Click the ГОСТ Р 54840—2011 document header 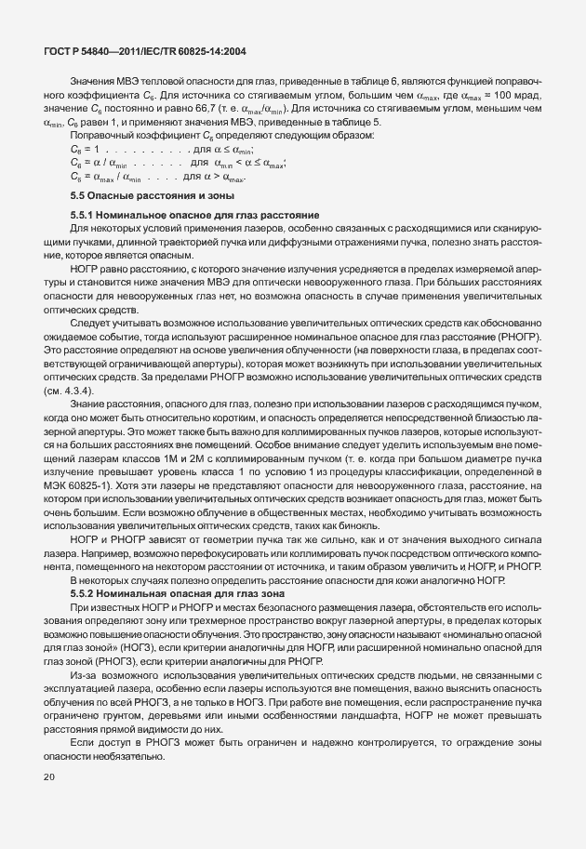[x=144, y=52]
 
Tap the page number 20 [x=49, y=801]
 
